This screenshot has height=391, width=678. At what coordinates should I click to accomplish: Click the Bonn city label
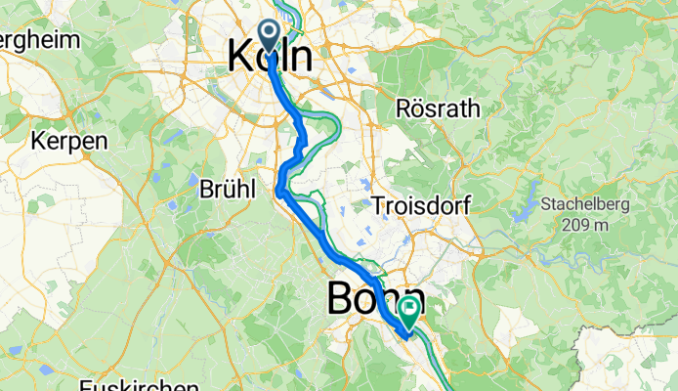pos(376,297)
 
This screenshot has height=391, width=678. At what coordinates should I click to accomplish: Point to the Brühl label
pos(227,187)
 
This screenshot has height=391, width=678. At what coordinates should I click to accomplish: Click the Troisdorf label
pos(422,205)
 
